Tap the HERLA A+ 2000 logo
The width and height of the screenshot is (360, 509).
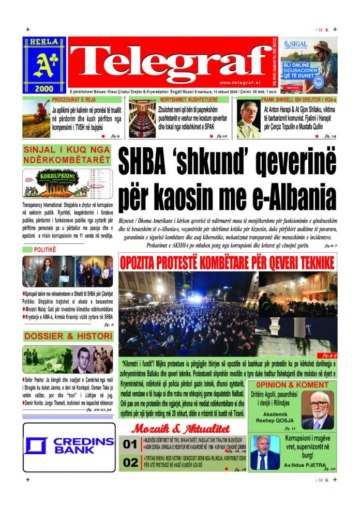click(x=44, y=66)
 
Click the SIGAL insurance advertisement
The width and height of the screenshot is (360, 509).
click(x=312, y=66)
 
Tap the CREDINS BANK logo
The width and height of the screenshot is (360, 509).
click(x=68, y=445)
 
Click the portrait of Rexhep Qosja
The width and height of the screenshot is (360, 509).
click(x=317, y=410)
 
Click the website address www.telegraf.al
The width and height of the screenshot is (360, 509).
click(x=239, y=83)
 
